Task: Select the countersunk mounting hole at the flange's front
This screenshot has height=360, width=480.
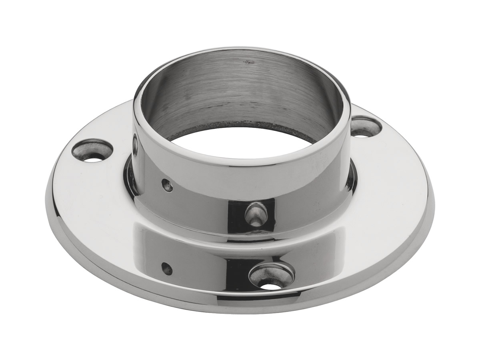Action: pos(272,276)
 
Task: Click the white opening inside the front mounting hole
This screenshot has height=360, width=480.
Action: pos(272,286)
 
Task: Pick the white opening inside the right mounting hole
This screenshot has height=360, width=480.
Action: pos(362,135)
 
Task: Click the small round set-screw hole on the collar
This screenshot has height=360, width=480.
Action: pos(167,185)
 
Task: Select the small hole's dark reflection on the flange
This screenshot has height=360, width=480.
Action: pos(166,268)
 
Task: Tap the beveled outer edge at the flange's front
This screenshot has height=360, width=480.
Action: pos(240,308)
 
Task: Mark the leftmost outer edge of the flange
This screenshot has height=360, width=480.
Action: pos(46,192)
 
